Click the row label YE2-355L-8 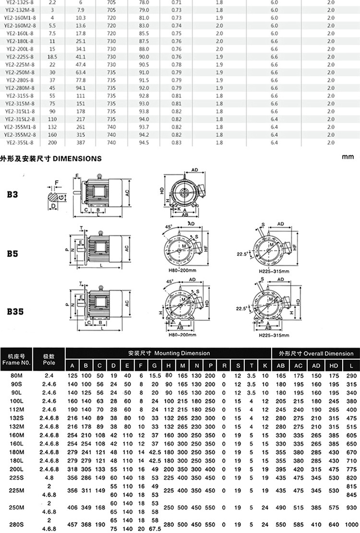point(20,143)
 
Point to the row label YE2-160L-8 point(20,34)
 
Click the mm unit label point(348,157)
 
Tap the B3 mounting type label point(13,194)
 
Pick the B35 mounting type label point(15,311)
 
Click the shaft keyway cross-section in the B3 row point(57,197)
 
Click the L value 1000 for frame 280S point(351,524)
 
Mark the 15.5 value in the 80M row point(155,375)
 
